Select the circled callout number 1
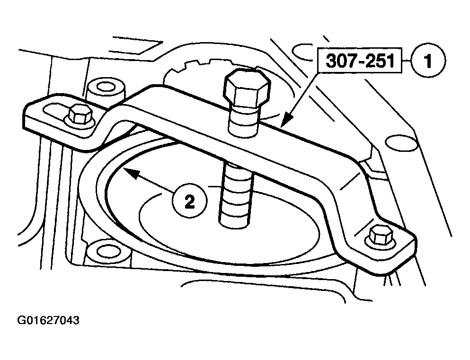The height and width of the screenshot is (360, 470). pos(428,61)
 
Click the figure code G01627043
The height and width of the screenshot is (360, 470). pos(48,320)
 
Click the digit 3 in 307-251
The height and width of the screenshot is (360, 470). pos(331,61)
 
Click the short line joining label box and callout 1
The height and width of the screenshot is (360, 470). pos(406,61)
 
